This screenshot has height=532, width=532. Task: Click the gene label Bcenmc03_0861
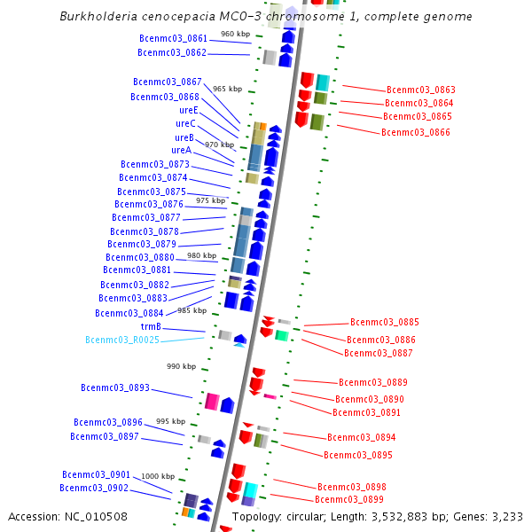click(x=173, y=38)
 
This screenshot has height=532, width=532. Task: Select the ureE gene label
click(x=188, y=110)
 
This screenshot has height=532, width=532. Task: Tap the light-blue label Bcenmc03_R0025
click(x=122, y=340)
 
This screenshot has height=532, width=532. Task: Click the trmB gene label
click(x=151, y=326)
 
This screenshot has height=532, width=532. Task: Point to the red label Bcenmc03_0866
click(x=416, y=132)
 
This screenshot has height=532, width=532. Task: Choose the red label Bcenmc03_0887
click(x=379, y=353)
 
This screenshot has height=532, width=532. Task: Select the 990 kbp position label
click(x=181, y=366)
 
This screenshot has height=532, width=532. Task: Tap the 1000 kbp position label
click(x=158, y=476)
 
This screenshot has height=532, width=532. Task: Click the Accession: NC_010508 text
click(x=67, y=516)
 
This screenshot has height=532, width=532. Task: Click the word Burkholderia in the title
click(x=99, y=17)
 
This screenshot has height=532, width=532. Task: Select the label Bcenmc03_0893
click(x=115, y=387)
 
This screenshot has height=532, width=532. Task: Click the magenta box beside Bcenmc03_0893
click(x=212, y=402)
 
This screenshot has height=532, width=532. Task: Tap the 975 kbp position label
click(x=210, y=200)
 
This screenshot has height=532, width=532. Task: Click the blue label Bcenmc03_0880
click(x=140, y=257)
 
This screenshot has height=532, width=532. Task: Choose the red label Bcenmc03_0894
click(x=361, y=437)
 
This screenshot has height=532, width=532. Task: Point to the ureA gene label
click(x=181, y=150)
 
